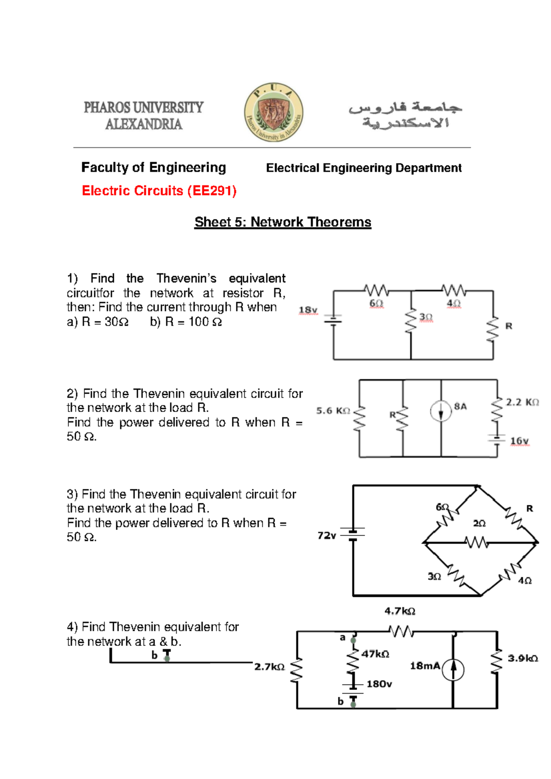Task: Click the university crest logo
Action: click(274, 112)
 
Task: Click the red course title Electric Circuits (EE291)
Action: click(159, 190)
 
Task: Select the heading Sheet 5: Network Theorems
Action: click(282, 222)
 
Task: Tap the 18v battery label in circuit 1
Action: click(308, 310)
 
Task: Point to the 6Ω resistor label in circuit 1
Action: click(376, 303)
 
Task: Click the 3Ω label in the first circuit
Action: click(426, 317)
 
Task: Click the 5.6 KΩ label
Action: click(333, 411)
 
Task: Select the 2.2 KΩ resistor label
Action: click(522, 402)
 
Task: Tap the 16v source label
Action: click(519, 441)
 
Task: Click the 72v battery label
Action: click(326, 535)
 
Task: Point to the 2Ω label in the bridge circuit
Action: click(479, 523)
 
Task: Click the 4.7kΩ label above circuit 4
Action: click(399, 611)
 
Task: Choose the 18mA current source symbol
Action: click(453, 670)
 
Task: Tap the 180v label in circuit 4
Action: click(379, 684)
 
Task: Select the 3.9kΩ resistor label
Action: click(523, 658)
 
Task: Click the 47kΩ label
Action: click(375, 654)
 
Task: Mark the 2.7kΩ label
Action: click(270, 667)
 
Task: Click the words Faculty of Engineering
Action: click(153, 167)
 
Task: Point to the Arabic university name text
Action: click(405, 115)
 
